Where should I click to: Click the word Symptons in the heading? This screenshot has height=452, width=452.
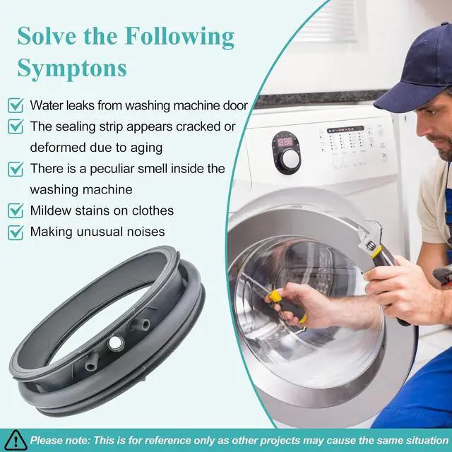(72, 69)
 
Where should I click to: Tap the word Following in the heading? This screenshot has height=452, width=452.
(179, 37)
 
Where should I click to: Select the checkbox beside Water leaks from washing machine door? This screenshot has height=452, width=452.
(16, 105)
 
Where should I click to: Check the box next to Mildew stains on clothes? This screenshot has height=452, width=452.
(16, 210)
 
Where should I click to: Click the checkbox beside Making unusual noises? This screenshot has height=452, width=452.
(16, 232)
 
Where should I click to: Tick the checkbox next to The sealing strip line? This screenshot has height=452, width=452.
(16, 126)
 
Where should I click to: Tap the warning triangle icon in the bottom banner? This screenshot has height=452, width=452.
(16, 441)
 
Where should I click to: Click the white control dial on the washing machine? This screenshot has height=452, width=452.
(290, 157)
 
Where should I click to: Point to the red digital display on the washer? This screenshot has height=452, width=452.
(285, 142)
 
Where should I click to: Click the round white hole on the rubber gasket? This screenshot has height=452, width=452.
(116, 343)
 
